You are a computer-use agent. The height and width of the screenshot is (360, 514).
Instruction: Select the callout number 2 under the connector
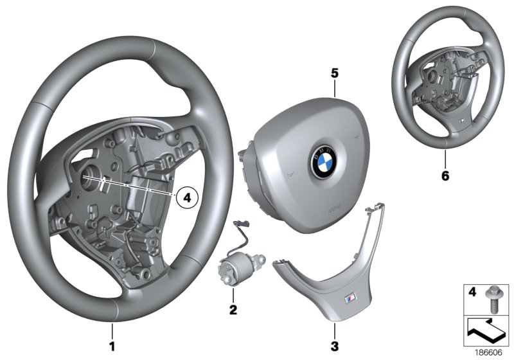pos(233,310)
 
